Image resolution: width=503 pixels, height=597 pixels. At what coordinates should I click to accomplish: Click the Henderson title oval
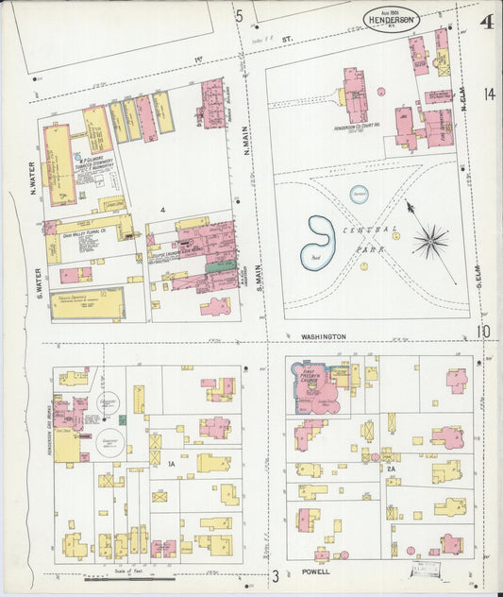[x=391, y=18]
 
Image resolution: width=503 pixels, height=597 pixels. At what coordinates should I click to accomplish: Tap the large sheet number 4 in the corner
[x=485, y=22]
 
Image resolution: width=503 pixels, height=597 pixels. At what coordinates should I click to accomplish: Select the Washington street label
[x=325, y=336]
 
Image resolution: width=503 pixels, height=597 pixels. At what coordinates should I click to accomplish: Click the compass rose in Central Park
[x=429, y=241]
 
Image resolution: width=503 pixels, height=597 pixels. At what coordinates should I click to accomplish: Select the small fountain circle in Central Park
[x=360, y=194]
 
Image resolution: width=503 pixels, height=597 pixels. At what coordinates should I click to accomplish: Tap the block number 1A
[x=172, y=465]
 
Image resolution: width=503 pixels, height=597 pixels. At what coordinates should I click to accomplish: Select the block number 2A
[x=389, y=468]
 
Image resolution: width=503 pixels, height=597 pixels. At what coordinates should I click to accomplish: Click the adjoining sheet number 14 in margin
[x=487, y=94]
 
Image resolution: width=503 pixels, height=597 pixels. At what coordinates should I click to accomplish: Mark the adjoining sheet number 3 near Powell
[x=277, y=575]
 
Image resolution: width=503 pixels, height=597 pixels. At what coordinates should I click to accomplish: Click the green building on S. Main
[x=222, y=267]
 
